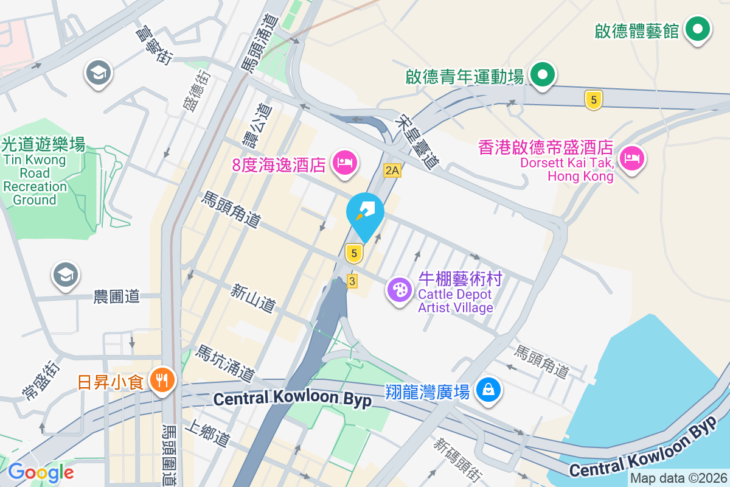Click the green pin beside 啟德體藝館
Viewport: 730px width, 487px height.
tap(698, 29)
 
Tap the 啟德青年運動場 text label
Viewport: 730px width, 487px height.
tap(465, 77)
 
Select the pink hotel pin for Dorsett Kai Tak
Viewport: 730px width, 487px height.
tap(632, 159)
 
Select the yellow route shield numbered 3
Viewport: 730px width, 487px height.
tap(352, 281)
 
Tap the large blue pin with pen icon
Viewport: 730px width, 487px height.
tap(365, 212)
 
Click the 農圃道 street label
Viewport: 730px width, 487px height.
tap(116, 296)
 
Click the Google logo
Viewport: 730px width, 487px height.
tap(41, 472)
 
